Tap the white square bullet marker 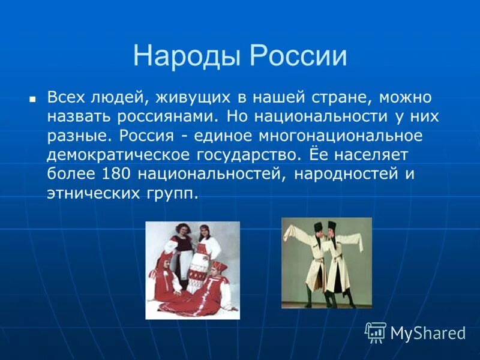[33, 98]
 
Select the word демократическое [117, 155]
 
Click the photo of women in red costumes [193, 270]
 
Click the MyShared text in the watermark [428, 333]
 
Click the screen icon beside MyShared [376, 332]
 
